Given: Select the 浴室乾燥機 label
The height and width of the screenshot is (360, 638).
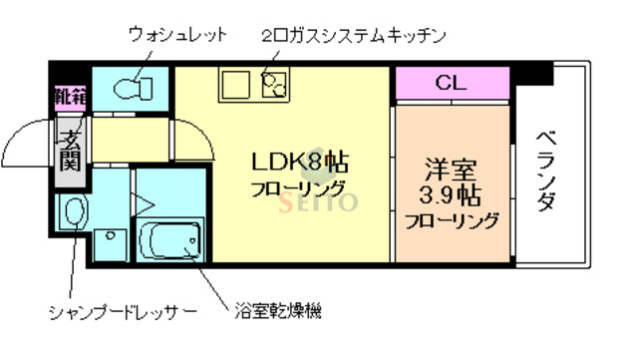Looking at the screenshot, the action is click(x=279, y=312).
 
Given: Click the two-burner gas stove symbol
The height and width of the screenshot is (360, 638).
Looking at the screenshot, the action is click(x=272, y=85).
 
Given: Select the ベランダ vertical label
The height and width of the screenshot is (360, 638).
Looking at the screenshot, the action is click(x=545, y=171).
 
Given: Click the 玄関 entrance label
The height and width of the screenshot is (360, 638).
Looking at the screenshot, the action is click(x=69, y=148).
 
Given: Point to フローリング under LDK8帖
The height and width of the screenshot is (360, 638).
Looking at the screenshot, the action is click(x=298, y=187).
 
